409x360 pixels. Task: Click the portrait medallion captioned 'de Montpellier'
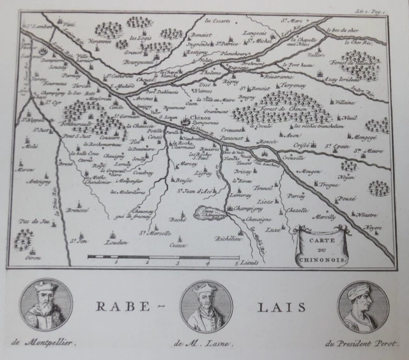pyautogui.click(x=46, y=306)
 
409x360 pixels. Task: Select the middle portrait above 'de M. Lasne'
pyautogui.click(x=206, y=306)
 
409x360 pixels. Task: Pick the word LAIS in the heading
pyautogui.click(x=282, y=306)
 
